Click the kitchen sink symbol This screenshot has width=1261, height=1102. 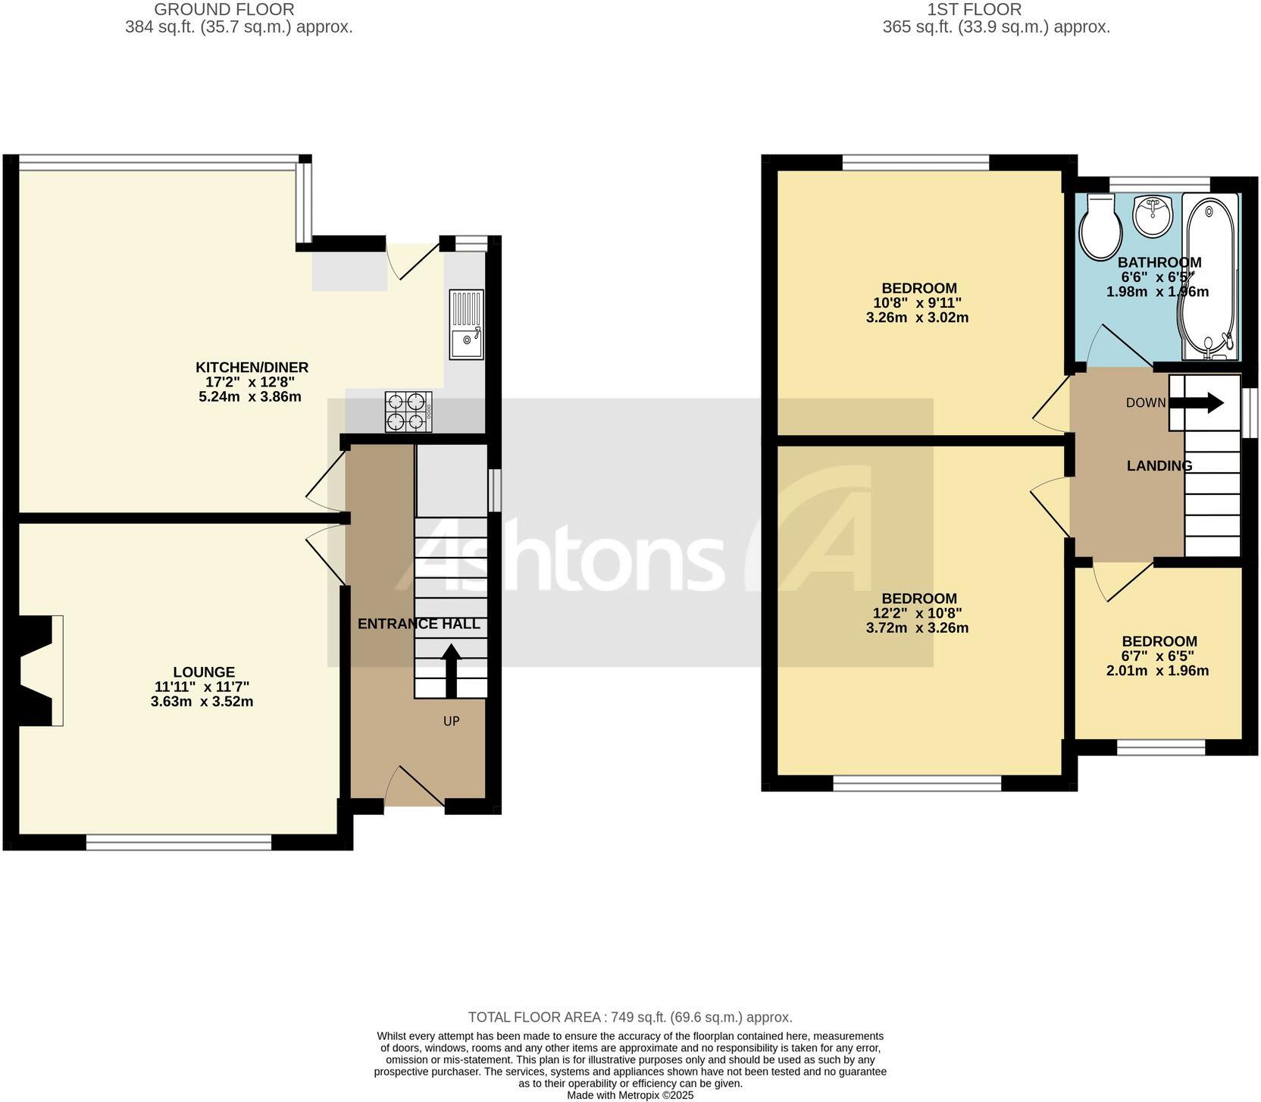click(x=466, y=324)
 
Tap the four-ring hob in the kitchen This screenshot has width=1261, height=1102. click(x=408, y=412)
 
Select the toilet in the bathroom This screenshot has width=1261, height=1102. click(x=1100, y=227)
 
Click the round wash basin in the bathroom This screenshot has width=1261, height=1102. click(x=1153, y=214)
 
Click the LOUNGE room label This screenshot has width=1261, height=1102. click(x=204, y=672)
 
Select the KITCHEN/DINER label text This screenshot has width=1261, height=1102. click(x=252, y=368)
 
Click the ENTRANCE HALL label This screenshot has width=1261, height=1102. click(x=418, y=624)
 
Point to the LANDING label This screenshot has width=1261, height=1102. click(x=1159, y=466)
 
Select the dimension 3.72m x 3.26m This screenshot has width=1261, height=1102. click(x=917, y=628)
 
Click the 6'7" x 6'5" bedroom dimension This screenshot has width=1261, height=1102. click(x=1159, y=656)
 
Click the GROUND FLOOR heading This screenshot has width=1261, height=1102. click(x=224, y=10)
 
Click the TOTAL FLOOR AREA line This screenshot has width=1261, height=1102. click(x=630, y=1017)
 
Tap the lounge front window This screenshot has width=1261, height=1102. click(x=178, y=842)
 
